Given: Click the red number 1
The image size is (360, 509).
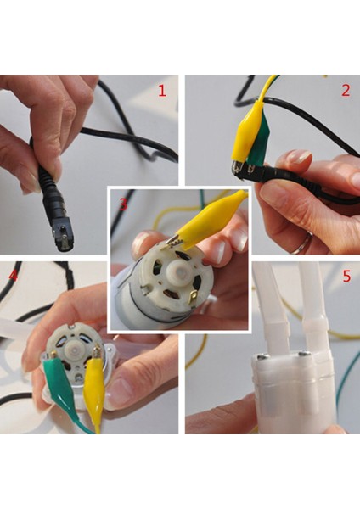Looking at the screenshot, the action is [x=162, y=91].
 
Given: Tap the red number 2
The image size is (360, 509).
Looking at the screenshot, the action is [x=346, y=91].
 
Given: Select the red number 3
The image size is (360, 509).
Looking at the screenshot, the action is [x=123, y=204].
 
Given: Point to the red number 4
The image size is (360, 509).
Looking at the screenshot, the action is [x=14, y=276].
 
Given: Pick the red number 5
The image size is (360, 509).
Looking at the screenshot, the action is [x=347, y=277].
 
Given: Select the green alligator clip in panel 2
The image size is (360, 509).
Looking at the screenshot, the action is [x=256, y=143].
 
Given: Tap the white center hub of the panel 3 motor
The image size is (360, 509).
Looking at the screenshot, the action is [x=177, y=270].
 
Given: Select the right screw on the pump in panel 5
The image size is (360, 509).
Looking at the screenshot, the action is [x=305, y=353].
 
